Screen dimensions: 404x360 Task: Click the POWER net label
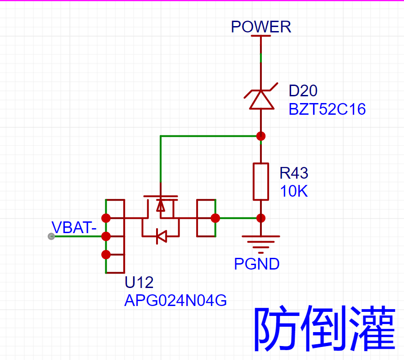pos(261,27)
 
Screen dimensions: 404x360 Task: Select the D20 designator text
pos(303,91)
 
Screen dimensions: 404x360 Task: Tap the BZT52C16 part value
pos(327,109)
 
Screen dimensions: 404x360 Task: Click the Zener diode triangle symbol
pos(261,99)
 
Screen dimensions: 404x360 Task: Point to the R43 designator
pos(294,173)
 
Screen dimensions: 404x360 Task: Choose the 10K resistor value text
pos(294,191)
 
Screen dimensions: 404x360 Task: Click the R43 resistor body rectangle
pos(261,182)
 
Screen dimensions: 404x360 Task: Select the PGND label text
pos(256,264)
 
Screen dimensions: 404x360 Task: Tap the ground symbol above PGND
pos(261,244)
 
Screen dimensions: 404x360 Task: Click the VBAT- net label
pos(74,227)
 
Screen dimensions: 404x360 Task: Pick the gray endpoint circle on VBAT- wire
pos(51,236)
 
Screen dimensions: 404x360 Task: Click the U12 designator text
pos(139,282)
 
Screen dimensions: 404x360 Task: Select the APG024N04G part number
pos(175,301)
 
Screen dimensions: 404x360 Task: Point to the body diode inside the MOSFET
pos(162,236)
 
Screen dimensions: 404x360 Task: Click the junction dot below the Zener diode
pos(261,136)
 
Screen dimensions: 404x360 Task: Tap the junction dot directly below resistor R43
pos(261,218)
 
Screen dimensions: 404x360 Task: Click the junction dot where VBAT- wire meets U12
pos(106,236)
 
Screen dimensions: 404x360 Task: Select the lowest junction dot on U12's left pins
pos(106,255)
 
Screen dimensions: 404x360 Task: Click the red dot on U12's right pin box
pos(215,218)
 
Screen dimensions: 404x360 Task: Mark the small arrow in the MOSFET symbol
pos(161,206)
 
